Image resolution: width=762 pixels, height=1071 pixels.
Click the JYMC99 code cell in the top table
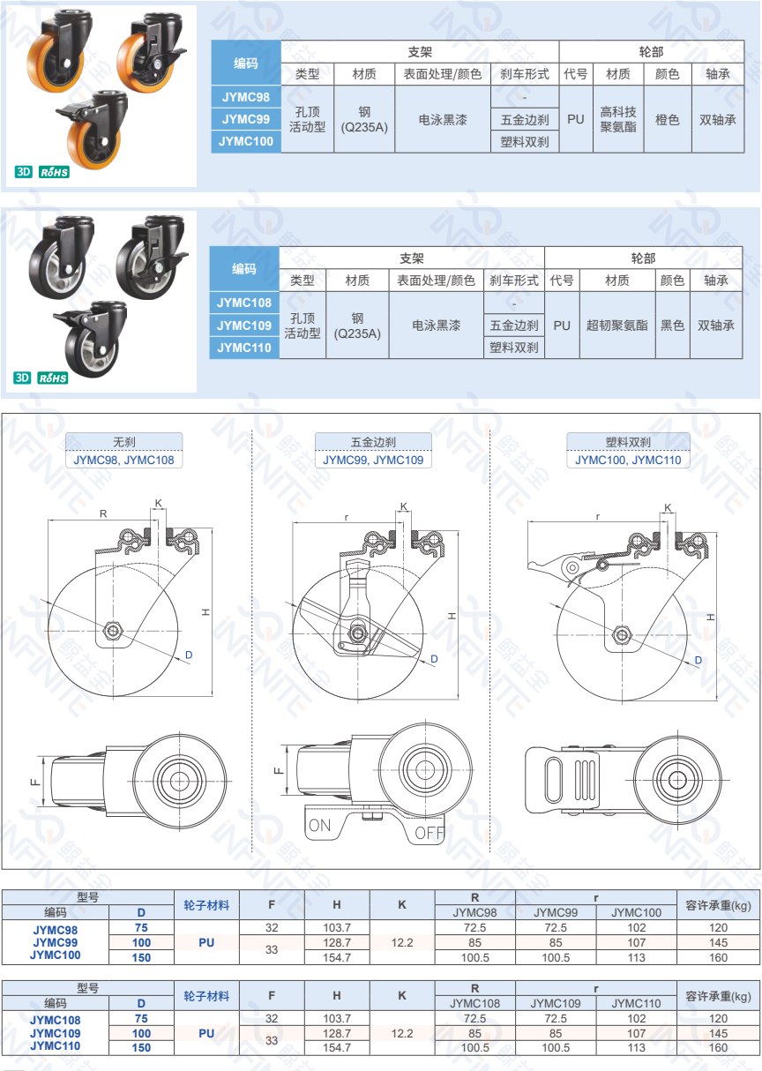(x=246, y=119)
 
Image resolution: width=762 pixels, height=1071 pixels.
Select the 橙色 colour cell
(x=667, y=119)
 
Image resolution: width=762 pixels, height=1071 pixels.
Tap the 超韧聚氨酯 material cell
(x=616, y=326)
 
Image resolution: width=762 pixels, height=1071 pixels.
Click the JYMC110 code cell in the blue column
(x=244, y=348)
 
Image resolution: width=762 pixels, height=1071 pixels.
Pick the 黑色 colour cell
(x=672, y=326)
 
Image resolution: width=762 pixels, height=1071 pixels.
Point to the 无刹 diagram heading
(x=123, y=442)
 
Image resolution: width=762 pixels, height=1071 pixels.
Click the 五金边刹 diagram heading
(x=373, y=442)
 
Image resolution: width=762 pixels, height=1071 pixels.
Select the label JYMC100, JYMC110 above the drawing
(x=628, y=460)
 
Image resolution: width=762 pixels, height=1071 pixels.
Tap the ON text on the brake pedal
(x=320, y=825)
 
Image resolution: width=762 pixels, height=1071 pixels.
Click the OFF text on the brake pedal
(x=430, y=833)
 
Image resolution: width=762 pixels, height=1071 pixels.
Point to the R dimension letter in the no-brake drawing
(x=103, y=513)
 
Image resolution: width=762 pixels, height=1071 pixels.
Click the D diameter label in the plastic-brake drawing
(x=698, y=660)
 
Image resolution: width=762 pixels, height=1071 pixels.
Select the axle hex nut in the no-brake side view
(x=113, y=631)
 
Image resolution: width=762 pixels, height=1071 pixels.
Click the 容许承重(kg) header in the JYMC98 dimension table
(x=718, y=905)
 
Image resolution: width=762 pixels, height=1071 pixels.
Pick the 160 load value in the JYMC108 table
(x=718, y=1047)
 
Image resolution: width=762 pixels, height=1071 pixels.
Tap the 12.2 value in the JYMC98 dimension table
(x=402, y=942)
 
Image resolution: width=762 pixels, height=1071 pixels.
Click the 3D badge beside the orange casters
(x=24, y=172)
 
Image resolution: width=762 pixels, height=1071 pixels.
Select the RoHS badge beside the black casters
(x=53, y=378)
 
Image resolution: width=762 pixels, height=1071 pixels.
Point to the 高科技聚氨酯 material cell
(x=618, y=119)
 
